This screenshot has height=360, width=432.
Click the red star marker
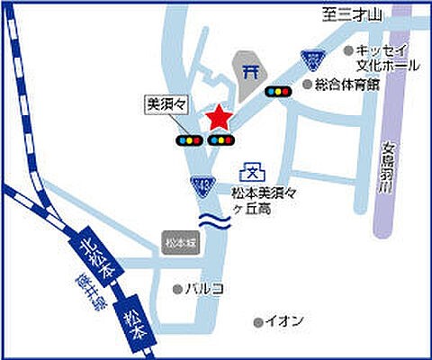pyautogui.click(x=219, y=118)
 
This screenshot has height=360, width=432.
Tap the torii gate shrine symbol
pyautogui.click(x=252, y=68)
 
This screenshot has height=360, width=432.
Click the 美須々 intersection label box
pyautogui.click(x=165, y=104)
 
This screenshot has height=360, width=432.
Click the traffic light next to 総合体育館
pyautogui.click(x=277, y=91)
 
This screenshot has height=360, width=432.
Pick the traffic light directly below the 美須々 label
pyautogui.click(x=188, y=140)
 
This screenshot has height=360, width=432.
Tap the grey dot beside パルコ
pyautogui.click(x=177, y=289)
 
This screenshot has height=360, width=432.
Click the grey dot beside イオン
pyautogui.click(x=257, y=321)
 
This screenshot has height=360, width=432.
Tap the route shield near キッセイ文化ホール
pyautogui.click(x=311, y=59)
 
